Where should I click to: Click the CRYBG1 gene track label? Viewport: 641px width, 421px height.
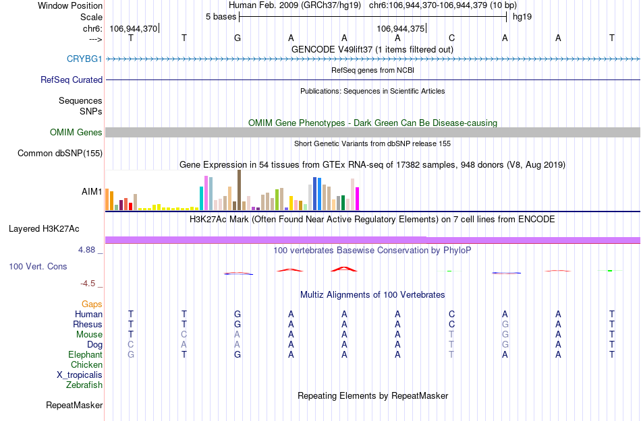pos(84,59)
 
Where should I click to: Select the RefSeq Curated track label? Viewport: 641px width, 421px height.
pos(72,80)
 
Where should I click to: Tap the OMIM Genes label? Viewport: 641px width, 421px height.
pos(76,133)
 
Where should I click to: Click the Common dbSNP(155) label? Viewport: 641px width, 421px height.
pos(60,154)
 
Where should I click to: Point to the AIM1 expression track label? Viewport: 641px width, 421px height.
pos(92,191)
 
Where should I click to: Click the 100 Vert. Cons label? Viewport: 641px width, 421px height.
pos(38,267)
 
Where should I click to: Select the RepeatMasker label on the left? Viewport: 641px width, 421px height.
pos(74,406)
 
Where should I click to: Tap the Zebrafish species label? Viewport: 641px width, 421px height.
pos(84,385)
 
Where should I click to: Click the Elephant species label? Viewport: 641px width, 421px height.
pos(85,355)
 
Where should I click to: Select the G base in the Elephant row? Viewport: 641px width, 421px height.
pos(238,355)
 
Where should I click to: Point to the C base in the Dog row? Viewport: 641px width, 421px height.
pos(131,345)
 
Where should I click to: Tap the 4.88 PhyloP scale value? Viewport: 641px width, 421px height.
pos(89,250)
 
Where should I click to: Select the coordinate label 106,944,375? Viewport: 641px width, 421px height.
pos(401,29)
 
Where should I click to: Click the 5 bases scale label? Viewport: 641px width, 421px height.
pos(221,16)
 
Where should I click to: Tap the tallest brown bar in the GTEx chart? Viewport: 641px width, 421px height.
pos(239,190)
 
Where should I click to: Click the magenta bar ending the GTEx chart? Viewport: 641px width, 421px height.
pos(358,199)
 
